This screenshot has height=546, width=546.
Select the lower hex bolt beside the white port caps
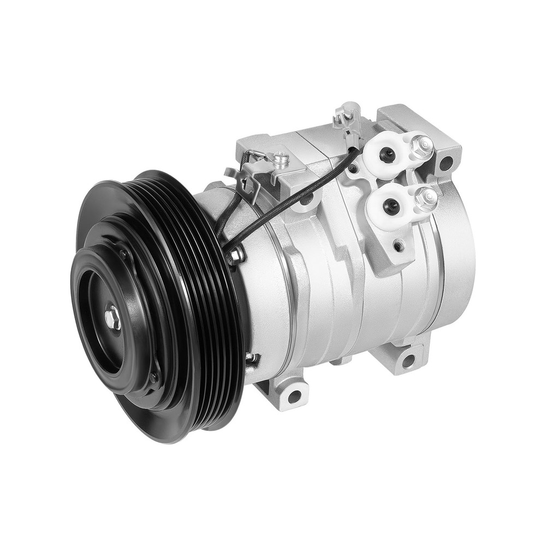pyautogui.click(x=425, y=198)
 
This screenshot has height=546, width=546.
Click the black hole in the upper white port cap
pyautogui.click(x=387, y=156)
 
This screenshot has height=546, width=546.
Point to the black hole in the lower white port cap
pyautogui.click(x=390, y=206)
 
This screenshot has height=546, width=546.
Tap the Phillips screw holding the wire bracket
pyautogui.click(x=282, y=159)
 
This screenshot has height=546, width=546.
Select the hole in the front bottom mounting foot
pyautogui.click(x=294, y=396)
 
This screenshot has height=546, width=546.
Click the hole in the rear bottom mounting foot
pyautogui.click(x=408, y=361)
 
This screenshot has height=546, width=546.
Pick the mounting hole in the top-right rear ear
pyautogui.click(x=446, y=162)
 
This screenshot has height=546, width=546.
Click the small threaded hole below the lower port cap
pyautogui.click(x=399, y=246)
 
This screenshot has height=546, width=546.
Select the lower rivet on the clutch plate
pyautogui.click(x=154, y=377)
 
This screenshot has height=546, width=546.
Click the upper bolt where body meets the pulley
pyautogui.click(x=236, y=254)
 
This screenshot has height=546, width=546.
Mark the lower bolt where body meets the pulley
pyautogui.click(x=251, y=359)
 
